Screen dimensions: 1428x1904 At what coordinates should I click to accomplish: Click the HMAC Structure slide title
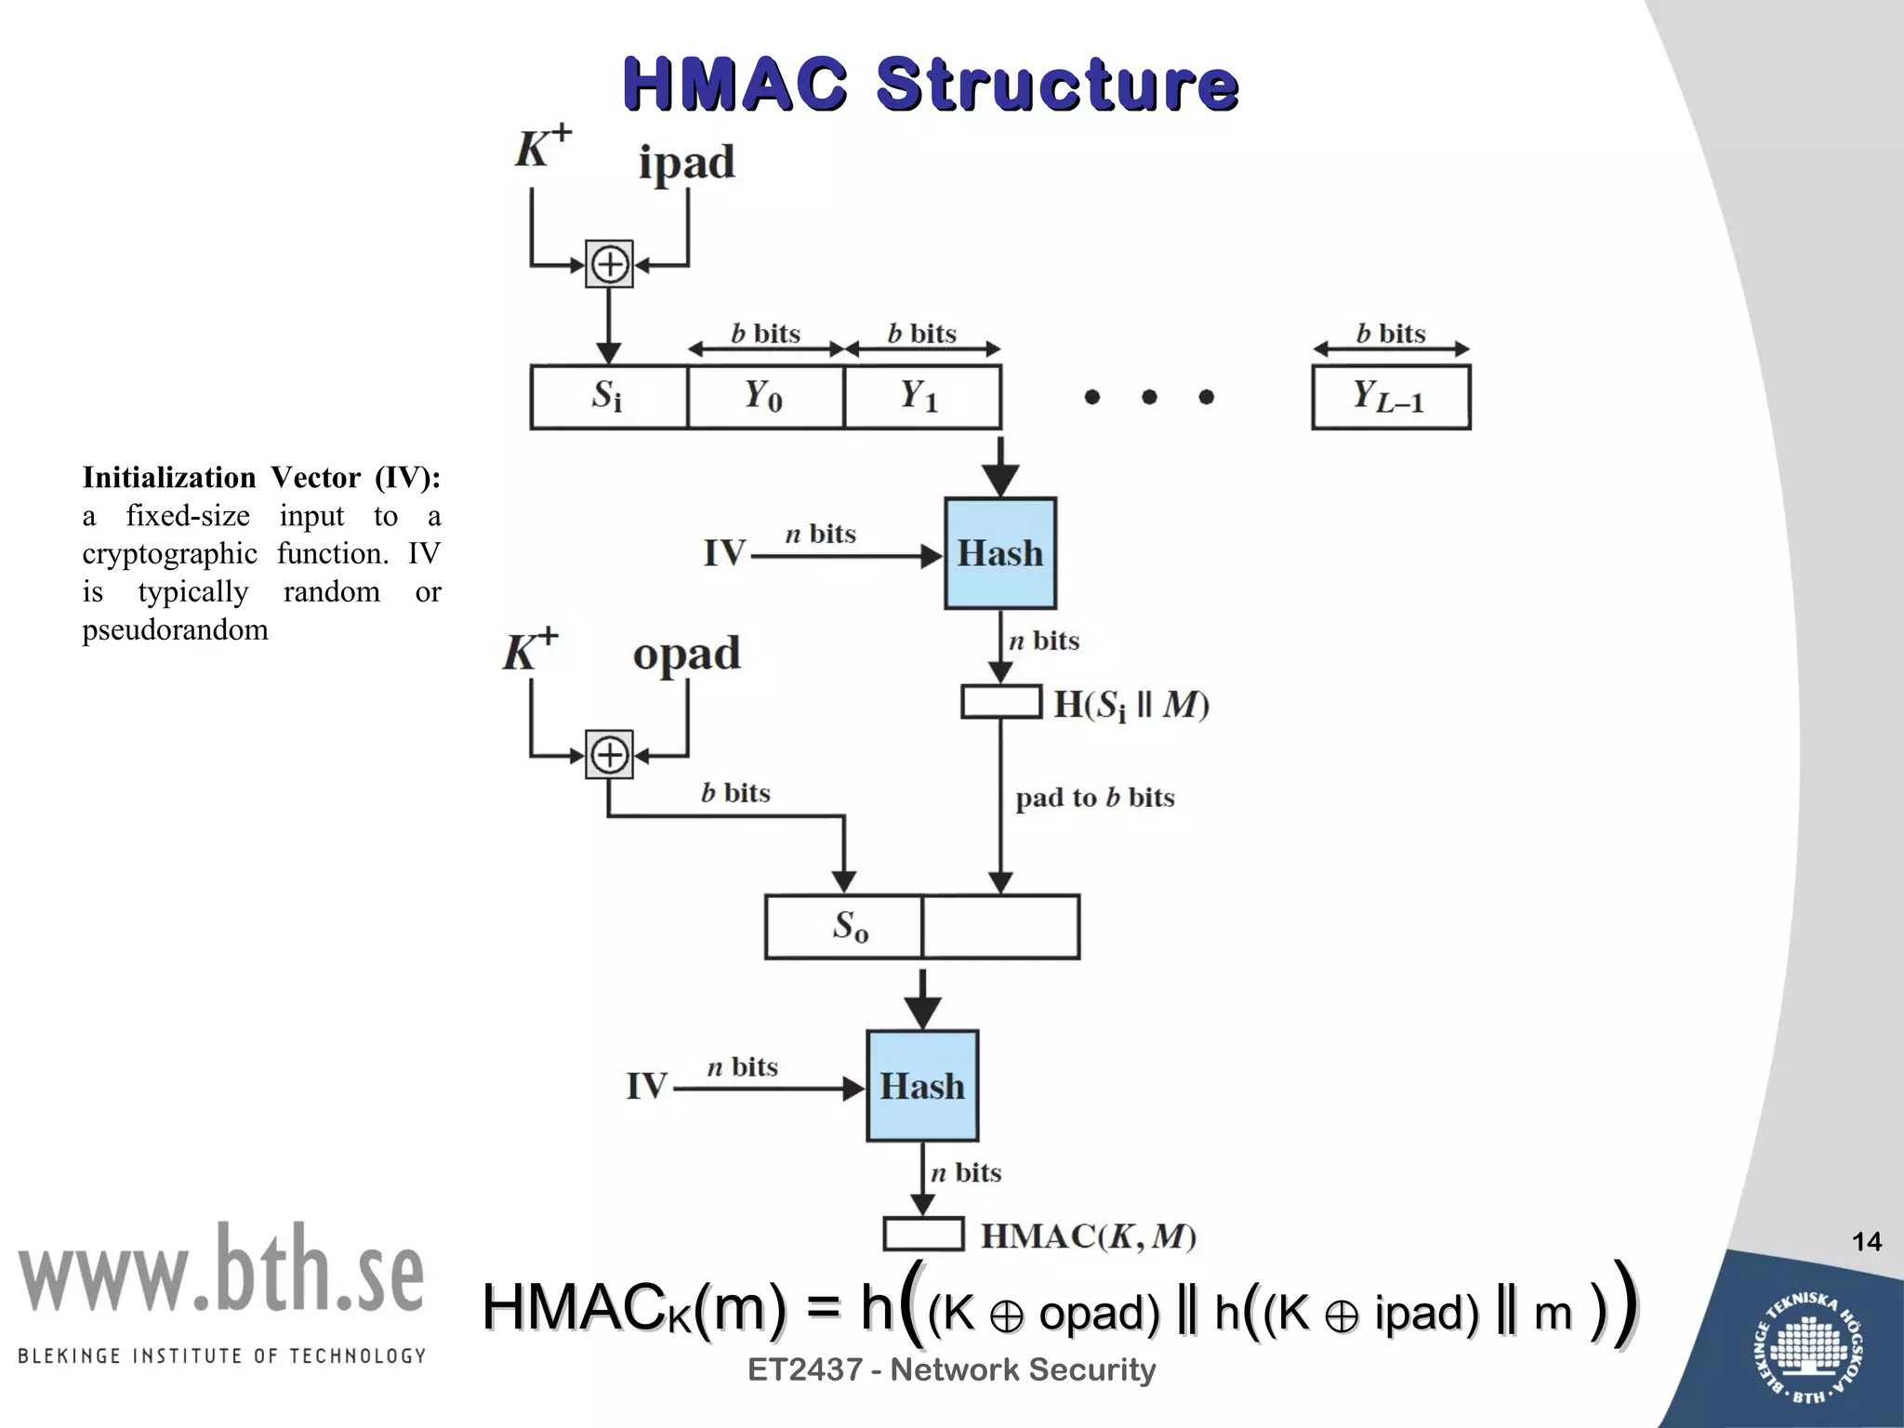[930, 84]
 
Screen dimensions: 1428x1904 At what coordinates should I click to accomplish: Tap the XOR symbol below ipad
[609, 265]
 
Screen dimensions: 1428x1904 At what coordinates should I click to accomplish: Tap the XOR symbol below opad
[609, 754]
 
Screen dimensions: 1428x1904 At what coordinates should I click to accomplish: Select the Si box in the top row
[608, 397]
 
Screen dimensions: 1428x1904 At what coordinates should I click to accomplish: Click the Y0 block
[765, 397]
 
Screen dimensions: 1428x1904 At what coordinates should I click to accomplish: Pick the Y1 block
[921, 397]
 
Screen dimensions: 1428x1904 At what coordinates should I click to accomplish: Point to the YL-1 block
[1390, 397]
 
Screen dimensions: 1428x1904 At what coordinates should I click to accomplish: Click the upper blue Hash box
[1000, 553]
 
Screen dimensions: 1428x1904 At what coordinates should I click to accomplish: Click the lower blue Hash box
[922, 1086]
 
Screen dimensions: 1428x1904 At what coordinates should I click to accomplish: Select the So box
[844, 927]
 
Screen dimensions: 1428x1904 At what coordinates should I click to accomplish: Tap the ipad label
[686, 164]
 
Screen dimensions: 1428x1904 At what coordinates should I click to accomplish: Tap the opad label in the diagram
[686, 654]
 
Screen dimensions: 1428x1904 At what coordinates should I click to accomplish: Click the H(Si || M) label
[1130, 705]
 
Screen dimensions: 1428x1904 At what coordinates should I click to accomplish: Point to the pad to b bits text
[1094, 798]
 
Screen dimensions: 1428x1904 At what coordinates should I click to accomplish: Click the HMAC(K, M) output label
[1088, 1236]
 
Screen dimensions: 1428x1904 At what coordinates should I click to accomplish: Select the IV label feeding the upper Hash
[724, 554]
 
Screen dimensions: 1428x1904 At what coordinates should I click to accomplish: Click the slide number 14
[1866, 1242]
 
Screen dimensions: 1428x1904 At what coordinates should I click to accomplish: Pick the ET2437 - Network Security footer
[951, 1369]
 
